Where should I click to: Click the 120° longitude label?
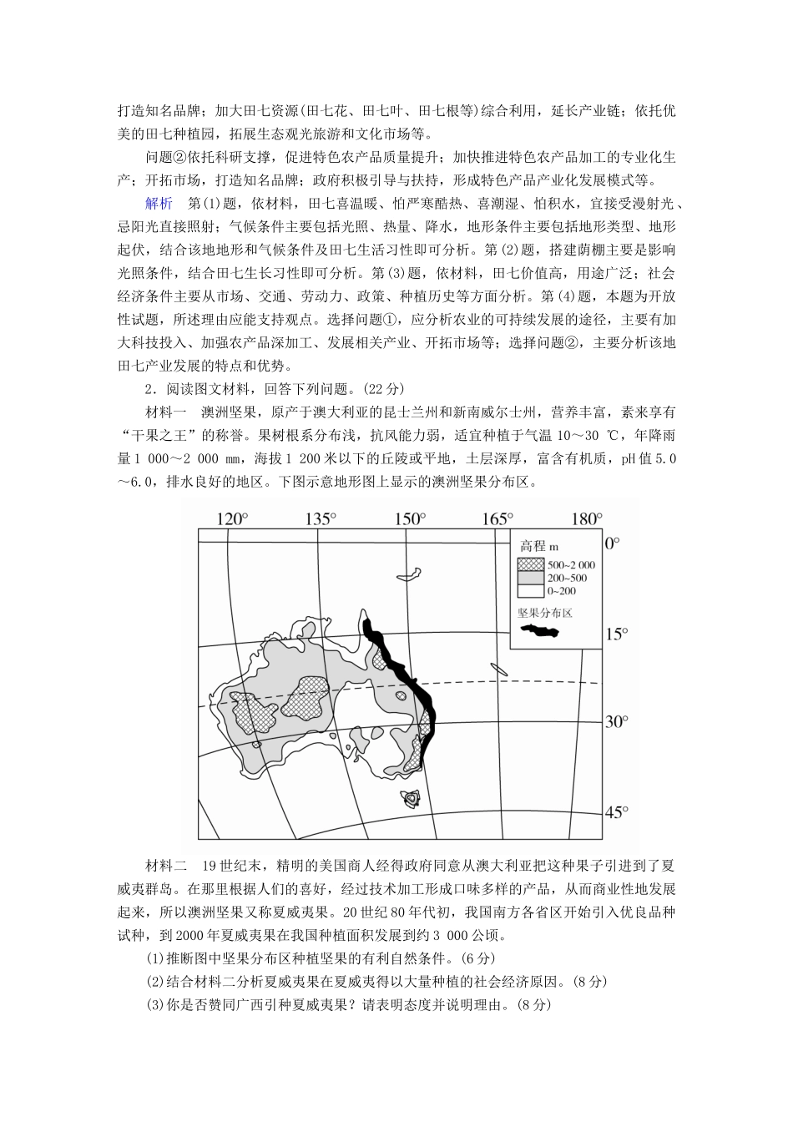point(233,519)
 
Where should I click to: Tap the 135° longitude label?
point(321,519)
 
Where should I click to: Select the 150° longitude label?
point(410,519)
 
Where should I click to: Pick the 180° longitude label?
point(584,519)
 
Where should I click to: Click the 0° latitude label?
point(613,543)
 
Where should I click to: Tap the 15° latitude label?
point(615,634)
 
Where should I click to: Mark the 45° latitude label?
point(616,811)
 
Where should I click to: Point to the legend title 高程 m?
point(539,546)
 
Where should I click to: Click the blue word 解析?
point(159,203)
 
